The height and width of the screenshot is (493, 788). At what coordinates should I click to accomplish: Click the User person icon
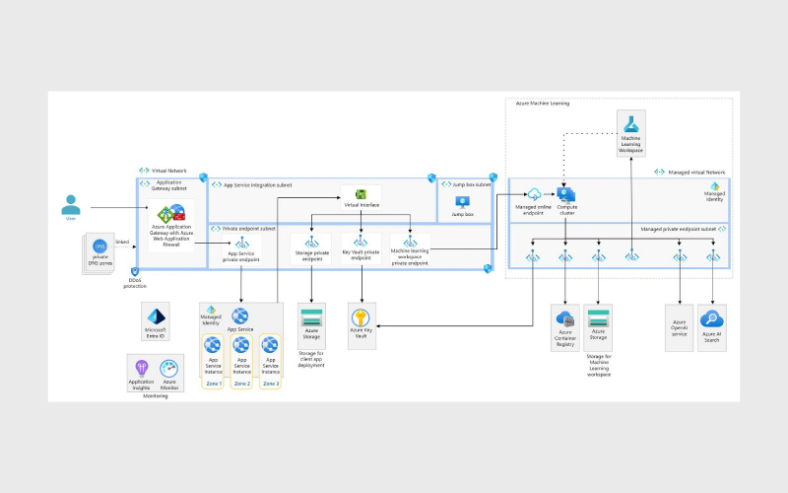pyautogui.click(x=71, y=204)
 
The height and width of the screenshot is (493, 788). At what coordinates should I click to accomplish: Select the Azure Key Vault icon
pyautogui.click(x=361, y=317)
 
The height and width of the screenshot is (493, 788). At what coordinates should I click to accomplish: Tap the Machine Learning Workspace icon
pyautogui.click(x=630, y=122)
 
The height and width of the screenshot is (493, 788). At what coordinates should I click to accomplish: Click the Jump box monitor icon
pyautogui.click(x=462, y=200)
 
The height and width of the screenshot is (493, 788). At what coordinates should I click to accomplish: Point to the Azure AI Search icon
pyautogui.click(x=711, y=318)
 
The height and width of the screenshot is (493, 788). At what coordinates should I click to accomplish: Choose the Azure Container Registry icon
pyautogui.click(x=565, y=318)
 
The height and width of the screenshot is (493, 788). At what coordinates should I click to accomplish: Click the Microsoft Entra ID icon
pyautogui.click(x=156, y=316)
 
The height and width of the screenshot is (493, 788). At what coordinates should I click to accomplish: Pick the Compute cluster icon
pyautogui.click(x=566, y=194)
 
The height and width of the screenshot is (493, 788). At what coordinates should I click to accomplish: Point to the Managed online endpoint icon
pyautogui.click(x=534, y=194)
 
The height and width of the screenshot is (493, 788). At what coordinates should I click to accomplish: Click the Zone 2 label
pyautogui.click(x=242, y=381)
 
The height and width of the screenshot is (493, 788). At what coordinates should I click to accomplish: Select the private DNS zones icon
pyautogui.click(x=99, y=246)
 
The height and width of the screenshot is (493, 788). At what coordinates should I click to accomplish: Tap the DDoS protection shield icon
pyautogui.click(x=134, y=271)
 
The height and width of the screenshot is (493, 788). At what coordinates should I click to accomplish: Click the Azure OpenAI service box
pyautogui.click(x=679, y=327)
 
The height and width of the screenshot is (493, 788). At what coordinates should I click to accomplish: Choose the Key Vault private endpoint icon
pyautogui.click(x=361, y=240)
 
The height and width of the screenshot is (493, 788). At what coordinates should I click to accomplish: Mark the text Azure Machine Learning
pyautogui.click(x=543, y=103)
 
